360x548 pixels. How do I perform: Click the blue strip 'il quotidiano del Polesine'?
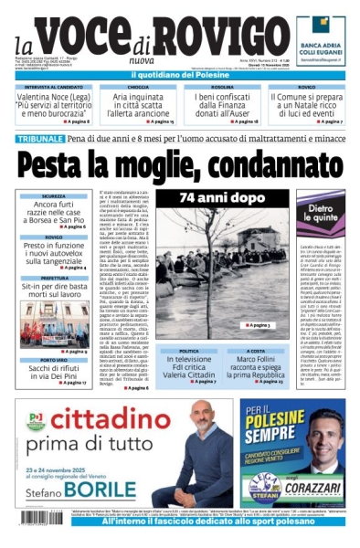tap(179, 75)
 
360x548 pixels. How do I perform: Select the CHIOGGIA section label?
tap(137, 88)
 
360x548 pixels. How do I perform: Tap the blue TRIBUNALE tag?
tap(39, 139)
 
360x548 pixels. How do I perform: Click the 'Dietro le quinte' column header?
tap(319, 213)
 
